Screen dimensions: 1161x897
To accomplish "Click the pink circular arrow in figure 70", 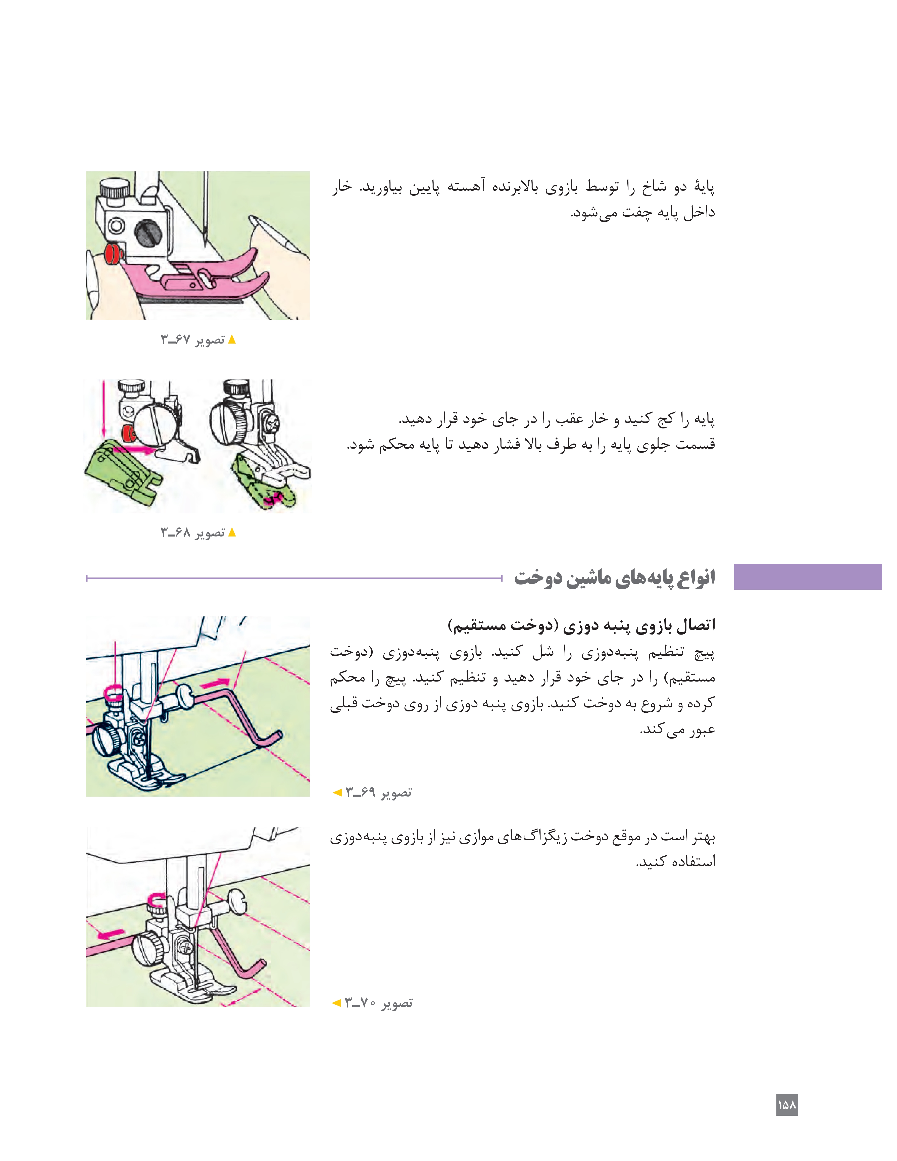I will (x=156, y=900).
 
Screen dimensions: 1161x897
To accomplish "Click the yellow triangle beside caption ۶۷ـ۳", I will (x=232, y=339).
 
